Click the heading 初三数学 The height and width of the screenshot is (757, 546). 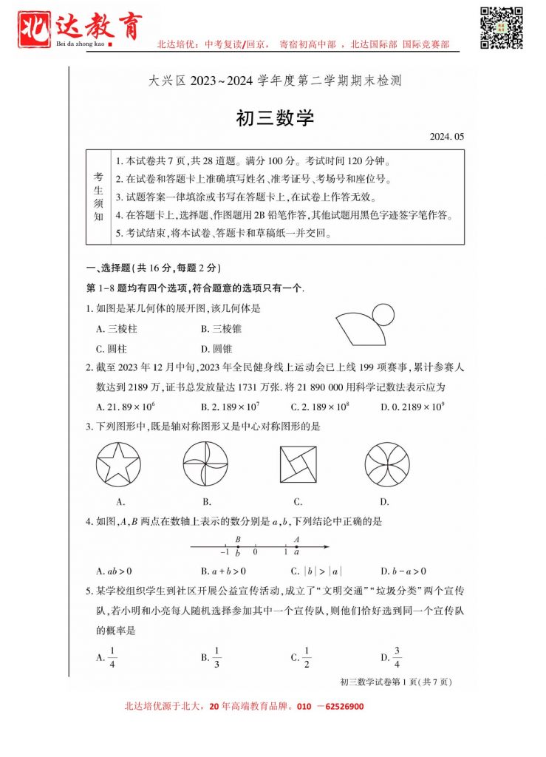point(274,118)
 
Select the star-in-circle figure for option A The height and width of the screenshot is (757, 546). point(118,464)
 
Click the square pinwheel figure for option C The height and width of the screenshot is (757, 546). point(298,464)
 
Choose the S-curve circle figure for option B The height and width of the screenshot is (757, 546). point(206,464)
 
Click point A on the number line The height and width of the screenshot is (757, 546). point(296,546)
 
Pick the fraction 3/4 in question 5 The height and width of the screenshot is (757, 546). point(396,656)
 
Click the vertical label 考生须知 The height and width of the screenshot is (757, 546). point(98,197)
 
